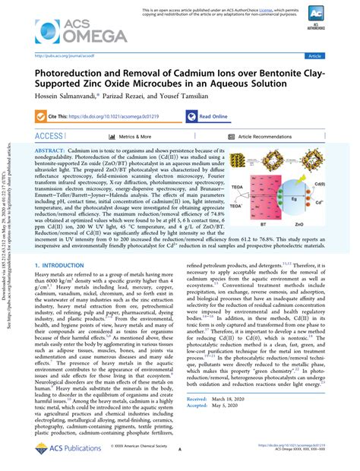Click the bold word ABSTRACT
pos(50,152)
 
